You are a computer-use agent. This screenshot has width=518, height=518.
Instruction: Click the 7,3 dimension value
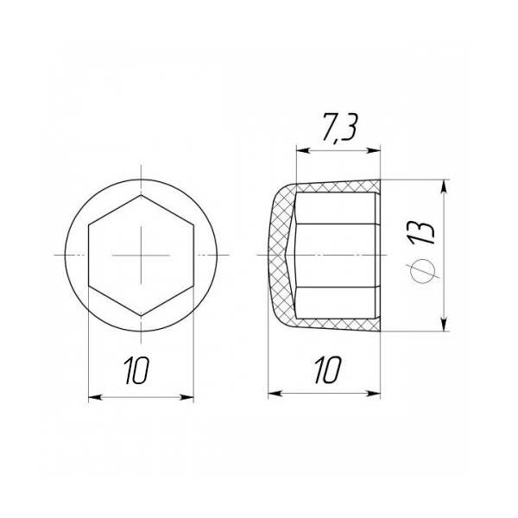tap(339, 129)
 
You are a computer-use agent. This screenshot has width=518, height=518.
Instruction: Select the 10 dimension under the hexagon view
tap(136, 370)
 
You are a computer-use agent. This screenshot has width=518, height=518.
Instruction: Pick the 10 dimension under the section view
tap(327, 370)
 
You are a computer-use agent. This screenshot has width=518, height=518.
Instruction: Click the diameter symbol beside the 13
tap(422, 270)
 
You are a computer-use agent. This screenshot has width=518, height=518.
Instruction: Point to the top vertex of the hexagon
tap(141, 195)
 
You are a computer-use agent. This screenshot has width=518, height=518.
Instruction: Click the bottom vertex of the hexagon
tap(141, 315)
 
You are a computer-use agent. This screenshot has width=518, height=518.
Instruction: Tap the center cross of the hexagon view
tap(141, 255)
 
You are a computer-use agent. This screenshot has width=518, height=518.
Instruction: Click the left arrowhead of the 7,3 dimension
tap(303, 150)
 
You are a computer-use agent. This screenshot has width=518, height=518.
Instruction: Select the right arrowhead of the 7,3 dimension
tap(374, 150)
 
